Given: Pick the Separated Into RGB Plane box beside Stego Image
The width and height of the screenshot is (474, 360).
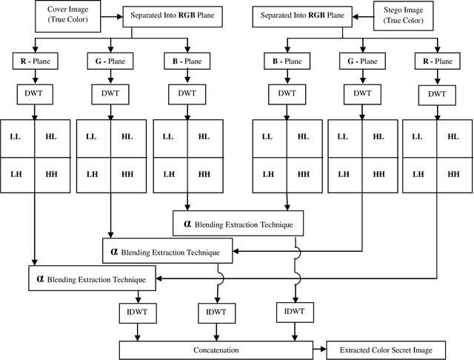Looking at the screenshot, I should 301,14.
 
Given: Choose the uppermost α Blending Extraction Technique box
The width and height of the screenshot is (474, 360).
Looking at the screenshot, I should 241,223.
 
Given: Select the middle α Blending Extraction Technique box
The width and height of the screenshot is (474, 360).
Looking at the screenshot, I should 167,251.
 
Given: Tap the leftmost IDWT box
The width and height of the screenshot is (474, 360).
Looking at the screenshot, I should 136,312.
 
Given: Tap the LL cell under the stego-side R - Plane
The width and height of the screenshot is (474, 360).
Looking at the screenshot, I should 419,136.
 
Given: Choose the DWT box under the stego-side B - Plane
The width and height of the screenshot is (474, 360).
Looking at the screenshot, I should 286,93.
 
